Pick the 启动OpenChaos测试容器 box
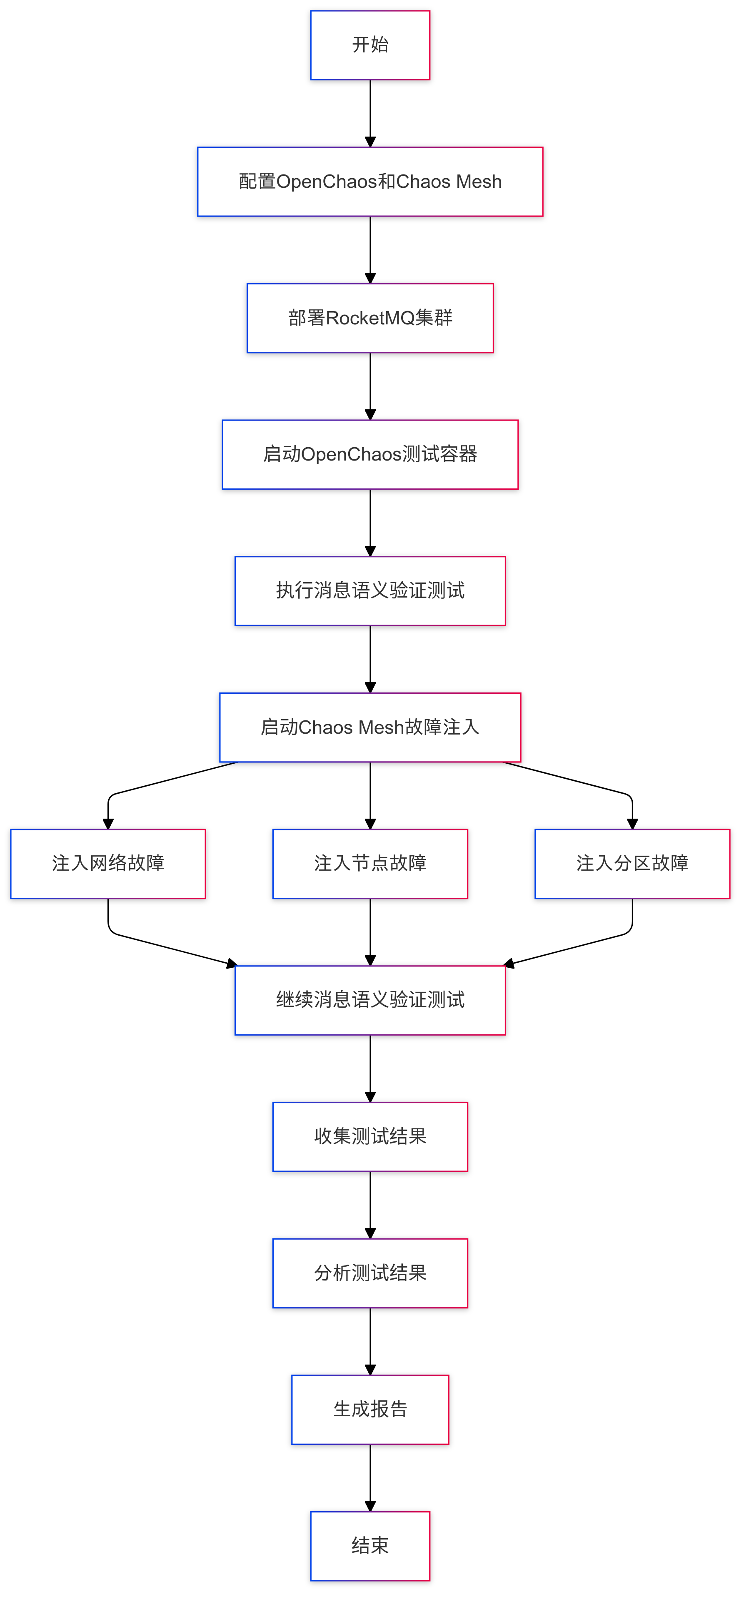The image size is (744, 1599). [370, 454]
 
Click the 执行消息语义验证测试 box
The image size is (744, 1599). [370, 591]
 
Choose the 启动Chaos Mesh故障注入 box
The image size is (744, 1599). [370, 727]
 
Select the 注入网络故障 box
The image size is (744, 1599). [108, 864]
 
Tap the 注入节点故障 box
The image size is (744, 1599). [370, 864]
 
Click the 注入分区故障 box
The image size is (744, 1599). [632, 864]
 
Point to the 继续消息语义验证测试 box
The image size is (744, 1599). [370, 1000]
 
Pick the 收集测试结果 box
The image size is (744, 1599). [370, 1136]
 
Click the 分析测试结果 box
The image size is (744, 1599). [370, 1273]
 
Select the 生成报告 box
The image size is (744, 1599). [370, 1409]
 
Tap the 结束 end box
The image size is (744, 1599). [370, 1546]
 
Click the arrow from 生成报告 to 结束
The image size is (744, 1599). [370, 1477]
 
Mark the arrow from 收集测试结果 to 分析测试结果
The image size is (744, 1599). [370, 1204]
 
